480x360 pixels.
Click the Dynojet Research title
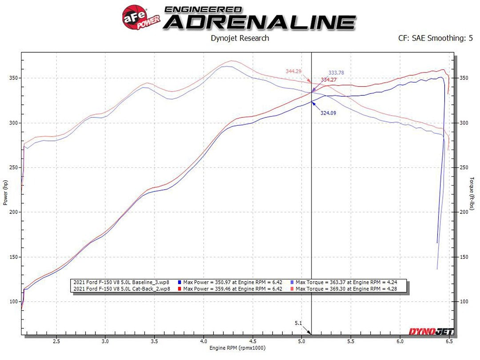pyautogui.click(x=240, y=38)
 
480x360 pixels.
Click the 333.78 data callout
pyautogui.click(x=336, y=72)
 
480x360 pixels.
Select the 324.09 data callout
pyautogui.click(x=328, y=113)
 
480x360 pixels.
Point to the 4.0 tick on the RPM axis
pyautogui.click(x=203, y=342)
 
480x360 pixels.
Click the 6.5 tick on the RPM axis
pyautogui.click(x=449, y=342)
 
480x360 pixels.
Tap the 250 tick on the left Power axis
pyautogui.click(x=13, y=168)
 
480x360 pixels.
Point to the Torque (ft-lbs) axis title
pyautogui.click(x=473, y=194)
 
